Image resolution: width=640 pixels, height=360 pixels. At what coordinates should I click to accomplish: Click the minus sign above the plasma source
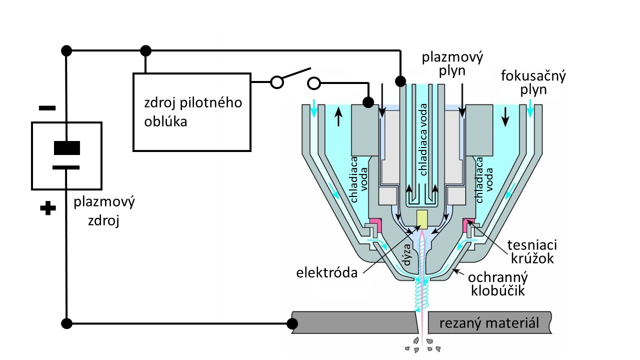click(48, 108)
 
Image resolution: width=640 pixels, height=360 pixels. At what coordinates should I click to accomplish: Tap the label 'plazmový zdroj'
click(104, 212)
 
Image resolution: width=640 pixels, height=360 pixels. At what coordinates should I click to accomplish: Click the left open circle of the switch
click(276, 82)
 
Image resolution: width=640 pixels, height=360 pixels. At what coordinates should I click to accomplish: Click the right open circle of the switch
click(313, 82)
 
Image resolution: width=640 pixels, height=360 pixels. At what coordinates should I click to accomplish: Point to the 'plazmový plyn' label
click(452, 63)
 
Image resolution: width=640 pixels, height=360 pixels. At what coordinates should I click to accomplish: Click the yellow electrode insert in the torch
click(422, 218)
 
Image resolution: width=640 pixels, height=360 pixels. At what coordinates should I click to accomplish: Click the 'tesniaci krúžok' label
click(532, 252)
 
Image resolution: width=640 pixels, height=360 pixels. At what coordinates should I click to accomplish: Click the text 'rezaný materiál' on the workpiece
click(489, 323)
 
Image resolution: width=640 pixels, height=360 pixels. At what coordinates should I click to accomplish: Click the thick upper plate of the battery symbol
click(66, 148)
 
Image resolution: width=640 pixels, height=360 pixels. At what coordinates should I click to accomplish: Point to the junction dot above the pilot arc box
click(145, 50)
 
